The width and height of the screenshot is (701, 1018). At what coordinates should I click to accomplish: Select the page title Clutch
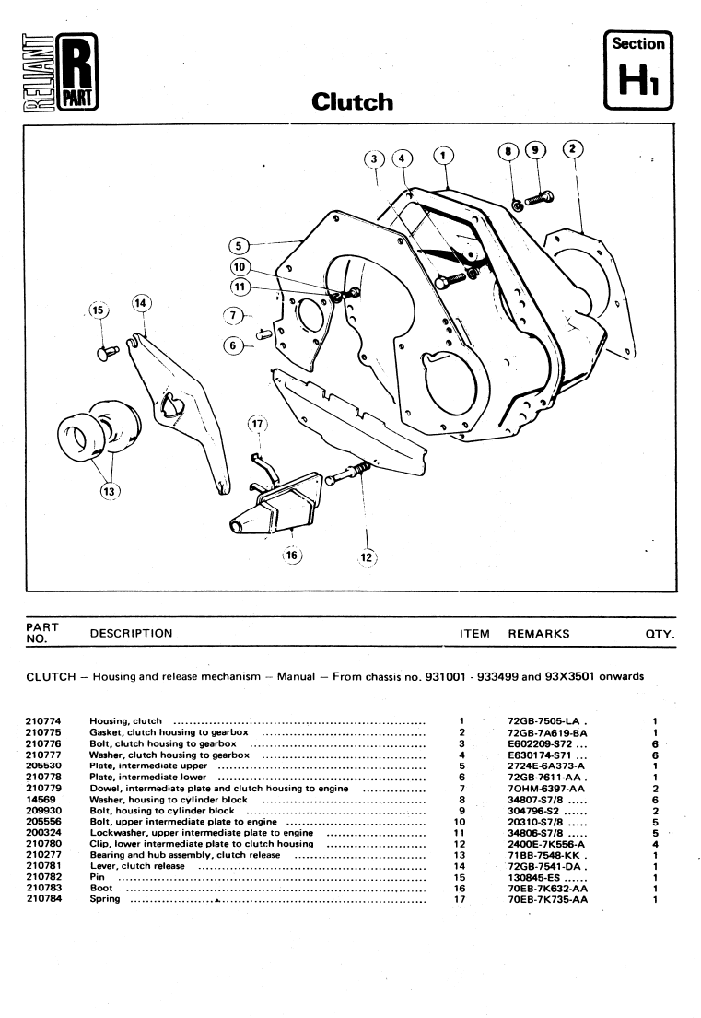click(x=352, y=100)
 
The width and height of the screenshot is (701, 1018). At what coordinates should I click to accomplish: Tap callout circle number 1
click(x=443, y=155)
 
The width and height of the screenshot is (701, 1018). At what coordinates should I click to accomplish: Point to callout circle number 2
click(x=572, y=147)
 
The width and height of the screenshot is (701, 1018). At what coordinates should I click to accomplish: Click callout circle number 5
click(x=238, y=245)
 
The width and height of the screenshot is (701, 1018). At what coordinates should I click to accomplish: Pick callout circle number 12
click(x=367, y=556)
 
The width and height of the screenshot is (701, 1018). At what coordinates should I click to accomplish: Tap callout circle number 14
click(x=140, y=302)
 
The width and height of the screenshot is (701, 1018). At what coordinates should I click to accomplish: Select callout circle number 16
click(x=292, y=556)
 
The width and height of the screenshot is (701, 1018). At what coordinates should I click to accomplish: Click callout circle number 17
click(x=256, y=425)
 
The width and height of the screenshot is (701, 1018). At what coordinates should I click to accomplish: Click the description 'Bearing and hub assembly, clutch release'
click(x=184, y=855)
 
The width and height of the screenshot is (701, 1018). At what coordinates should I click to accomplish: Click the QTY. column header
click(x=660, y=634)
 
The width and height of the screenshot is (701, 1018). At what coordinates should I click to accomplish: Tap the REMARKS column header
click(x=538, y=634)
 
